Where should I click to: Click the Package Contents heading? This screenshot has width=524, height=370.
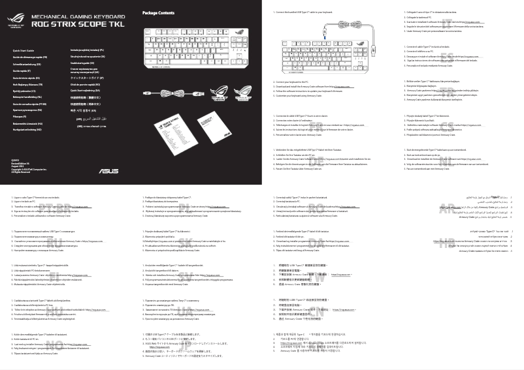pyautogui.click(x=158, y=13)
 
